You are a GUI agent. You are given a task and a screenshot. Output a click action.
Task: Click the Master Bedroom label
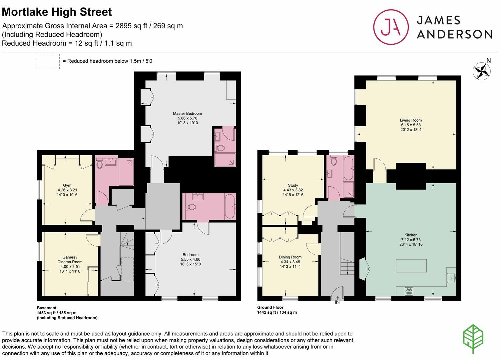click(187, 114)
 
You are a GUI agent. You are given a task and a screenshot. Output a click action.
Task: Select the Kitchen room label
click(411, 235)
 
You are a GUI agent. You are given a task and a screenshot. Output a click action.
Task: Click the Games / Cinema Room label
click(70, 259)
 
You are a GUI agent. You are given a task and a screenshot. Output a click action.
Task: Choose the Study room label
click(293, 185)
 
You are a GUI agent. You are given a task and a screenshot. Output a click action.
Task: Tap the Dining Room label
click(290, 257)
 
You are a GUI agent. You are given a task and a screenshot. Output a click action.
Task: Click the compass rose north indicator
click(482, 71)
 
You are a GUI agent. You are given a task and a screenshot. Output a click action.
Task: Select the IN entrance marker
click(337, 302)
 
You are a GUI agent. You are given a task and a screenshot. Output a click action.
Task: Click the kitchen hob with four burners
click(409, 291)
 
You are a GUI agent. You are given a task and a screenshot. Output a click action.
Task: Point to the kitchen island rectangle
click(411, 266)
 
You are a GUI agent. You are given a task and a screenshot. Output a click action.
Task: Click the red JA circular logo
click(391, 27)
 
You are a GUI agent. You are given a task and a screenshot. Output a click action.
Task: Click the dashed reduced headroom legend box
click(48, 61)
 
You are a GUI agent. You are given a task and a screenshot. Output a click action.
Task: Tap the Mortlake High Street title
click(57, 12)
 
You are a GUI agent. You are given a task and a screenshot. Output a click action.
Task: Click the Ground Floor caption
click(270, 307)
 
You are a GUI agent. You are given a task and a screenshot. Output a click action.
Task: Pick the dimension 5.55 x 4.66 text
click(191, 259)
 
